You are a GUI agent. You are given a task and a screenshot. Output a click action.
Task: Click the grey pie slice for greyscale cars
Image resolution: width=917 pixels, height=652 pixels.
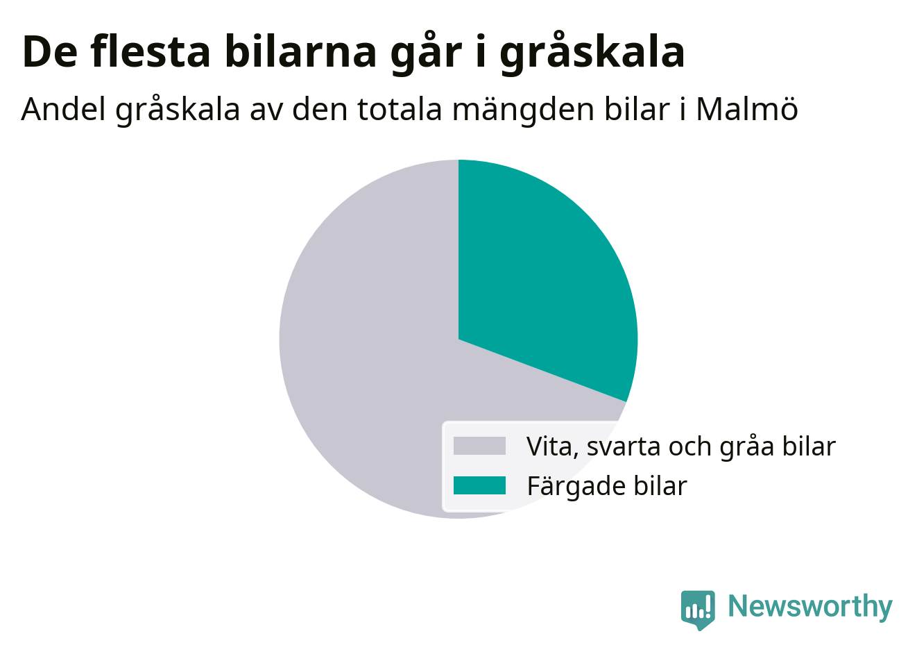368,369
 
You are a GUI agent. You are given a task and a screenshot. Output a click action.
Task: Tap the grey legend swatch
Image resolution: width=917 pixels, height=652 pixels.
479,446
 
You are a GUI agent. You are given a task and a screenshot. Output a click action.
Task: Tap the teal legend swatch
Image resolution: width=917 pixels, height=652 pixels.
479,485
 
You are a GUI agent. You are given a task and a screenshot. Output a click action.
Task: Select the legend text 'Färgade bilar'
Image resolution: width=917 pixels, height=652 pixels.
607,486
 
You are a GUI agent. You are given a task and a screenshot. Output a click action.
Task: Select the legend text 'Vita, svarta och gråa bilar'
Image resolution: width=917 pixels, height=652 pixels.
680,446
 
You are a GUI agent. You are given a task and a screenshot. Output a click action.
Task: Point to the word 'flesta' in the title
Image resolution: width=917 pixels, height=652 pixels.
151,51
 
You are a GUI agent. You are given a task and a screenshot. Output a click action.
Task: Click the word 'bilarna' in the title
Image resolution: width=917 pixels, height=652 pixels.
300,51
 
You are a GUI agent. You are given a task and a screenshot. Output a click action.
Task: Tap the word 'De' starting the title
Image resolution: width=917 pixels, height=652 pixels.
50,52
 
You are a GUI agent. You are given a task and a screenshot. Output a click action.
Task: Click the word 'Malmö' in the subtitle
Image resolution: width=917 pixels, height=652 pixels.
747,110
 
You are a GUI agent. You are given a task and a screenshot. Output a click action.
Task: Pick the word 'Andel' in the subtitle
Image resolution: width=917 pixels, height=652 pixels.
63,109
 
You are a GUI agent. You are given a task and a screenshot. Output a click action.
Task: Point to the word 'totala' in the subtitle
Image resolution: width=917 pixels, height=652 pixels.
400,110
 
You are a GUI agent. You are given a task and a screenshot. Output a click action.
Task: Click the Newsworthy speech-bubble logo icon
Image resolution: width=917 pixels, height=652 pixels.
698,610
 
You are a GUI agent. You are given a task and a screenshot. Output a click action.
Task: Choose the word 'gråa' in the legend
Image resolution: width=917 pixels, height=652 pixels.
746,447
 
